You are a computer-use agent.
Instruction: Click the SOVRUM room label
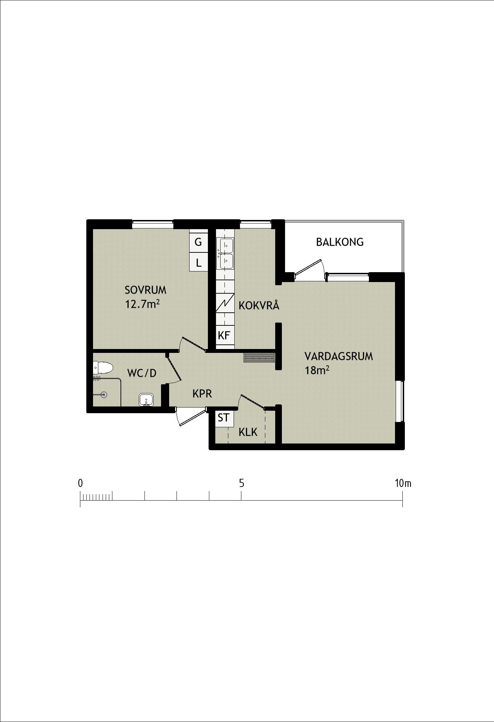tap(146, 290)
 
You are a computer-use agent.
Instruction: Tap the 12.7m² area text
tap(143, 304)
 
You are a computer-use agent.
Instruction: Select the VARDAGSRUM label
tap(339, 356)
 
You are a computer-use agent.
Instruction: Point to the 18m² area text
tap(317, 370)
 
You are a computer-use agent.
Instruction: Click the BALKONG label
tap(340, 242)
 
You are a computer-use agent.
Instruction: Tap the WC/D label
tap(142, 373)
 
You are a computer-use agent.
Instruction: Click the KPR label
tap(202, 394)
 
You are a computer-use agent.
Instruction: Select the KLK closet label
tap(248, 432)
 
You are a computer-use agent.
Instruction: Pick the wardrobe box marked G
tap(198, 242)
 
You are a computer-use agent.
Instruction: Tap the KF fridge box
tap(224, 335)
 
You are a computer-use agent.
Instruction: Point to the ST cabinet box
tap(223, 418)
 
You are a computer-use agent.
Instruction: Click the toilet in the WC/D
tap(103, 368)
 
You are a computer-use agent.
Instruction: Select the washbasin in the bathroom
tap(146, 400)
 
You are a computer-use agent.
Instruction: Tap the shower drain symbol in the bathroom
tap(104, 395)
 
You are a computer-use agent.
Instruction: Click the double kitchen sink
tap(225, 253)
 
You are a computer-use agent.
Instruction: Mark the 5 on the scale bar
tap(241, 483)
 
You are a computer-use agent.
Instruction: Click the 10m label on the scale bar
tap(403, 483)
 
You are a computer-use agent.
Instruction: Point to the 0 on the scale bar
tap(80, 483)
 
